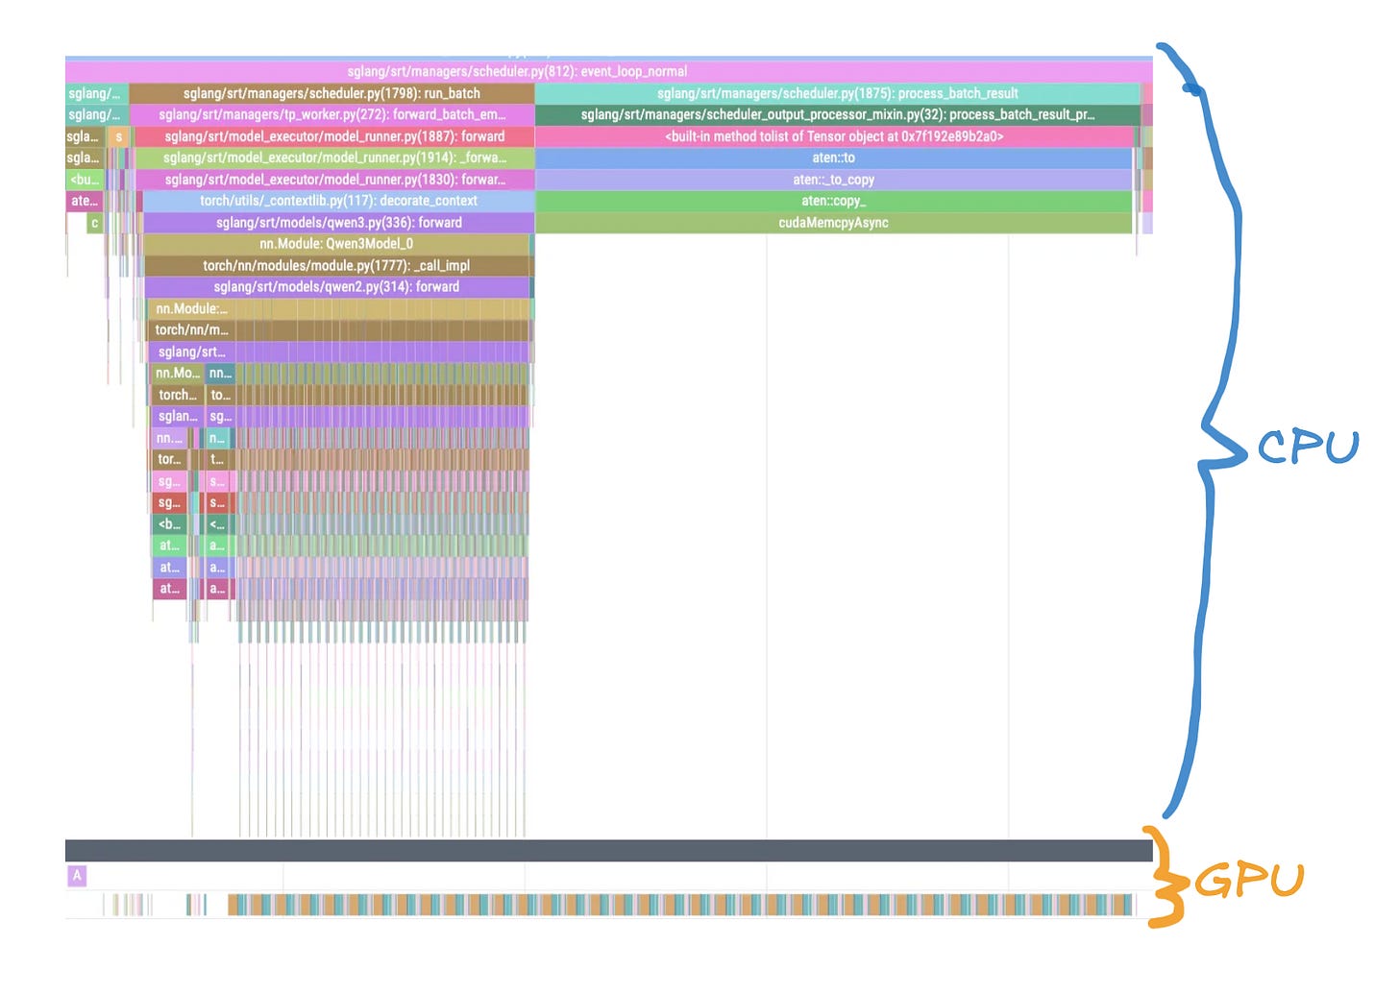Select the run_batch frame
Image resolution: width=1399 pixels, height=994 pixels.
pos(331,93)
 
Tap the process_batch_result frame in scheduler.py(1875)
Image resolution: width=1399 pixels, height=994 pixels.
pos(837,93)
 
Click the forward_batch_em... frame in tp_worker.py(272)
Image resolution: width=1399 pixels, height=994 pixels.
pos(331,114)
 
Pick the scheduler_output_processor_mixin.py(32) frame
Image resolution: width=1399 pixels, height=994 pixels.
pos(837,114)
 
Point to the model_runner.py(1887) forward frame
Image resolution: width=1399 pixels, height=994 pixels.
pos(333,136)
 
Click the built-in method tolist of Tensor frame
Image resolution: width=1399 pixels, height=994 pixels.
pos(833,136)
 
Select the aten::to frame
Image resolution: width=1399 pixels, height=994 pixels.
pos(833,158)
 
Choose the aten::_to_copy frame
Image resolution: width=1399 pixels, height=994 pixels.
pos(833,180)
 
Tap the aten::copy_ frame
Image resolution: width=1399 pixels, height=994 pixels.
pos(833,201)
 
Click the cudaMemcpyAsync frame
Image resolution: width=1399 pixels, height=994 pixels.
pos(833,223)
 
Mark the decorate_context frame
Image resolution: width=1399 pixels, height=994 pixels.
pos(338,201)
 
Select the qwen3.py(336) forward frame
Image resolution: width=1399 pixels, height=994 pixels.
pos(338,223)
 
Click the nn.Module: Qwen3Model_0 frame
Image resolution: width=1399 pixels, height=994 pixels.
pos(336,244)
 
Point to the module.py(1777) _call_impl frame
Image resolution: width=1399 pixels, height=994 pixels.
pos(336,265)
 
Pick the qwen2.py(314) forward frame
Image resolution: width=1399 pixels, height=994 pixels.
pos(336,287)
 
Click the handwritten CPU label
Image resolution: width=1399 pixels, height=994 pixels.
pos(1308,448)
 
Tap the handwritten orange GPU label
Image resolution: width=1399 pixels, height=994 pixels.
pos(1249,880)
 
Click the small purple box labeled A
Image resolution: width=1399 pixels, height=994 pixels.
pos(77,875)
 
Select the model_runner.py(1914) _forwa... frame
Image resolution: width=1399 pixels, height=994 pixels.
pos(334,158)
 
